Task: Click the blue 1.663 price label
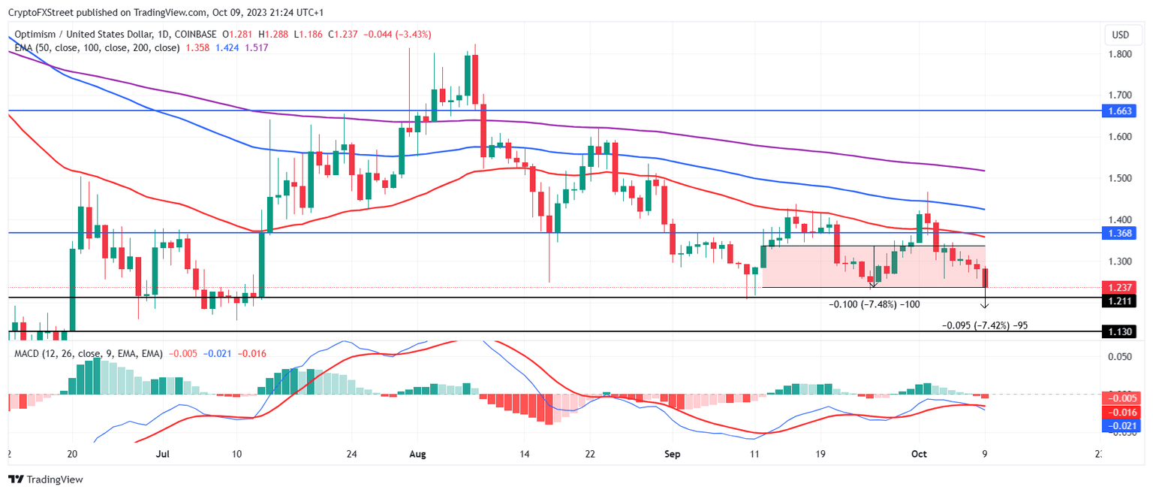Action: click(x=1119, y=110)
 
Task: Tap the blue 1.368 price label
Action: click(x=1119, y=234)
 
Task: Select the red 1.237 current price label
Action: click(x=1119, y=287)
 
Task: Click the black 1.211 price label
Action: click(x=1119, y=301)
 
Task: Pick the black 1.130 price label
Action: click(x=1119, y=331)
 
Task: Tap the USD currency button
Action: click(x=1120, y=35)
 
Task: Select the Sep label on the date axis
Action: click(x=672, y=455)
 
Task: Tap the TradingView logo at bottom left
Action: click(x=45, y=479)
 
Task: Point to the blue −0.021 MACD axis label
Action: click(x=1119, y=425)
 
